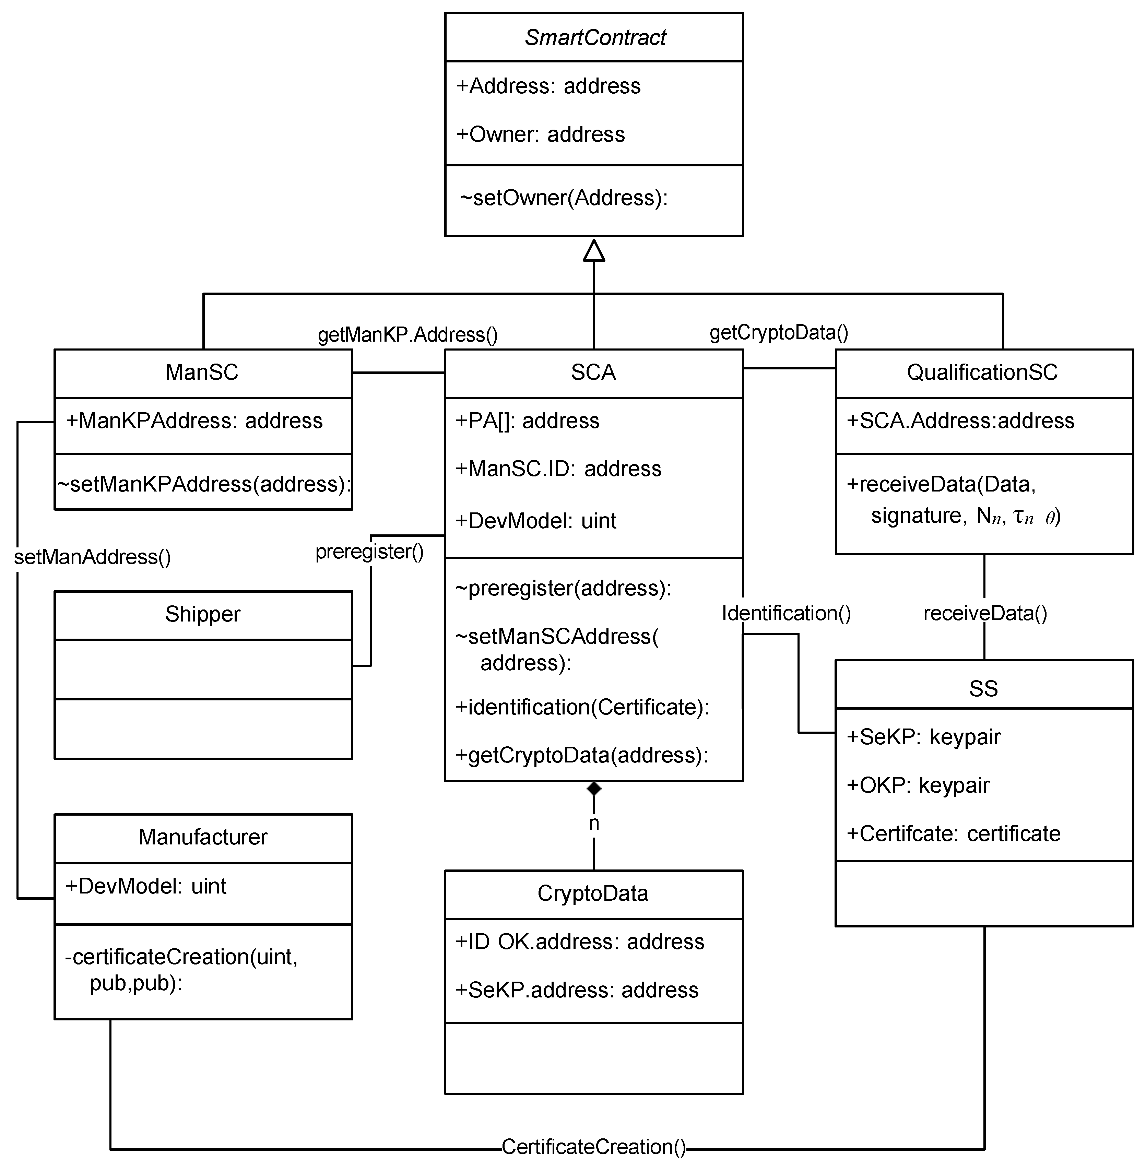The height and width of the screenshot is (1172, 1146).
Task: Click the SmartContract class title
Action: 595,37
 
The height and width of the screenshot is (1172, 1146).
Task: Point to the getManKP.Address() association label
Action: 407,335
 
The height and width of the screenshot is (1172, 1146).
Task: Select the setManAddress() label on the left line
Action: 92,557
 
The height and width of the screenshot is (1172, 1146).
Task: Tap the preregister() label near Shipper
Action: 369,552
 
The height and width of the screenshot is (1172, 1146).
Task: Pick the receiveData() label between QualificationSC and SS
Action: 985,613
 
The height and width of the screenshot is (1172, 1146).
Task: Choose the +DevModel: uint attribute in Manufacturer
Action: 146,886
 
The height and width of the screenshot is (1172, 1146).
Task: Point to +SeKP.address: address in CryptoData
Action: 577,990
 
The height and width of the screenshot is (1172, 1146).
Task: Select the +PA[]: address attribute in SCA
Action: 527,421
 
